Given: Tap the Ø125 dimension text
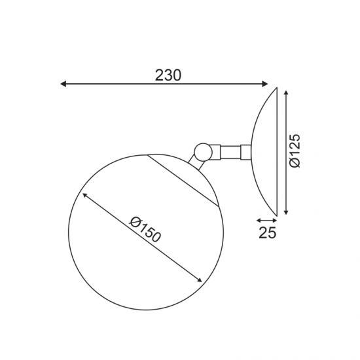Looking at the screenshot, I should pyautogui.click(x=295, y=151).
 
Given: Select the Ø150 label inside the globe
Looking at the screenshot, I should pyautogui.click(x=145, y=229).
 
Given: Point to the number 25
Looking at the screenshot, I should pyautogui.click(x=267, y=232).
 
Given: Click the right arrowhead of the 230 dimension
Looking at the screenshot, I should pyautogui.click(x=265, y=84).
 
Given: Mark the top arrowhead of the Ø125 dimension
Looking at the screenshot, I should pyautogui.click(x=286, y=91).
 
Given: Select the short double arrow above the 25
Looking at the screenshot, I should pyautogui.click(x=266, y=221).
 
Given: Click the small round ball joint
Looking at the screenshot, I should pyautogui.click(x=203, y=151).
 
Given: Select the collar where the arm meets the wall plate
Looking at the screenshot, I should pyautogui.click(x=245, y=151).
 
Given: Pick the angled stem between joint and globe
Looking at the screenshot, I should pyautogui.click(x=194, y=160).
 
